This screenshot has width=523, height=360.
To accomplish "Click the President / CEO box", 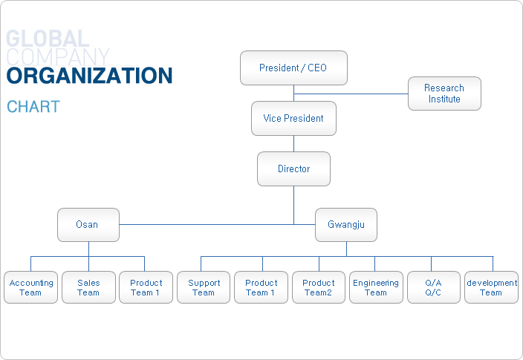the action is pyautogui.click(x=293, y=68).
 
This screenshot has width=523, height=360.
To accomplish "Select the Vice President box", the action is pyautogui.click(x=293, y=118).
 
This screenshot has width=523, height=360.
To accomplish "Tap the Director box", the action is pyautogui.click(x=293, y=168).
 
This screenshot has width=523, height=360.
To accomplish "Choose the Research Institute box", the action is pyautogui.click(x=444, y=94).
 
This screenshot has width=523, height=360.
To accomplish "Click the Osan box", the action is pyautogui.click(x=88, y=225).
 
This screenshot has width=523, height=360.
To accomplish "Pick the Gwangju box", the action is pyautogui.click(x=346, y=225).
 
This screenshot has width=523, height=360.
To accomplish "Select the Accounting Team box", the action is pyautogui.click(x=30, y=287).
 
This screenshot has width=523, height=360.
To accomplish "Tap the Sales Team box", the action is pyautogui.click(x=88, y=287).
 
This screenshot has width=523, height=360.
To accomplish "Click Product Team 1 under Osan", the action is pyautogui.click(x=146, y=287).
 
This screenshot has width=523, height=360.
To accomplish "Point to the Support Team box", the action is pyautogui.click(x=204, y=287).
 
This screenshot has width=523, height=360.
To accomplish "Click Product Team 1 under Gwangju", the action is pyautogui.click(x=261, y=287).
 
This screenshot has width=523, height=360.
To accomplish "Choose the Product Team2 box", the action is pyautogui.click(x=319, y=287).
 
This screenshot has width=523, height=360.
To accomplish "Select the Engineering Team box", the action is pyautogui.click(x=376, y=287).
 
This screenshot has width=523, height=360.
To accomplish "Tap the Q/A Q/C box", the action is pyautogui.click(x=434, y=287).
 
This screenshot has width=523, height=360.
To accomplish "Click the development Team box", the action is pyautogui.click(x=491, y=287).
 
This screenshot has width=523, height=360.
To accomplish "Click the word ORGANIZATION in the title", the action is pyautogui.click(x=89, y=75).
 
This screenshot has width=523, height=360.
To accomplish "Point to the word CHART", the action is pyautogui.click(x=33, y=107).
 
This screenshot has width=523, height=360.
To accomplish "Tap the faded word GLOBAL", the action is pyautogui.click(x=48, y=39).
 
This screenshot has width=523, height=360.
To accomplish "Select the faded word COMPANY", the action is pyautogui.click(x=58, y=56).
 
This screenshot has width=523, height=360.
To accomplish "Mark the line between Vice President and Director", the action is pyautogui.click(x=294, y=144).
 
